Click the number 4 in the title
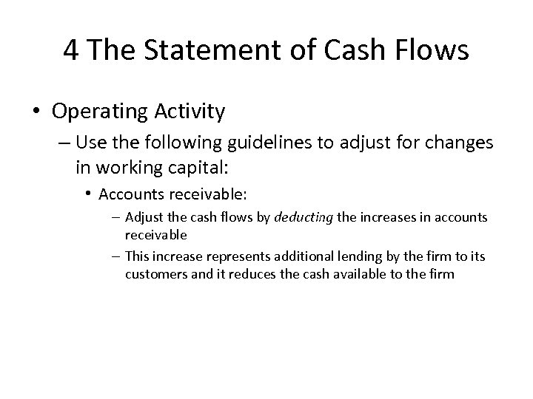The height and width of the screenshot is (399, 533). [x=72, y=50]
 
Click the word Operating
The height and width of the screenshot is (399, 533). [x=104, y=112]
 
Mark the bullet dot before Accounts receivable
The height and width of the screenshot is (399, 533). [x=88, y=194]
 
